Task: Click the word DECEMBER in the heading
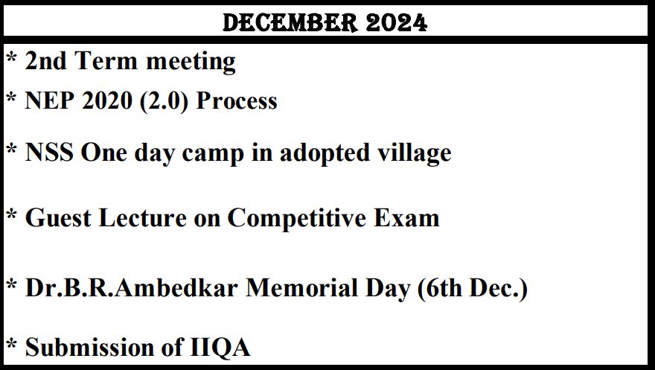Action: [x=290, y=22]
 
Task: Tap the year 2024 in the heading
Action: [x=397, y=22]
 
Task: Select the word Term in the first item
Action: [x=106, y=60]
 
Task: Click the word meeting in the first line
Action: [x=191, y=62]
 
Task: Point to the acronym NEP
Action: [x=50, y=101]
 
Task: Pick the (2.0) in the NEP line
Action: [x=164, y=101]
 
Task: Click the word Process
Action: [x=237, y=101]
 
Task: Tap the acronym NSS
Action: [x=49, y=152]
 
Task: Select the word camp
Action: [x=213, y=153]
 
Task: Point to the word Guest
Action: [x=58, y=217]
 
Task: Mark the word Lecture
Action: [x=142, y=217]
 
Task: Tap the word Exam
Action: [x=406, y=217]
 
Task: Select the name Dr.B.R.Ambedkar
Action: [x=131, y=287]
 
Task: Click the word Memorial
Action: [x=301, y=287]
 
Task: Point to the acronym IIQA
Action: [x=220, y=348]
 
